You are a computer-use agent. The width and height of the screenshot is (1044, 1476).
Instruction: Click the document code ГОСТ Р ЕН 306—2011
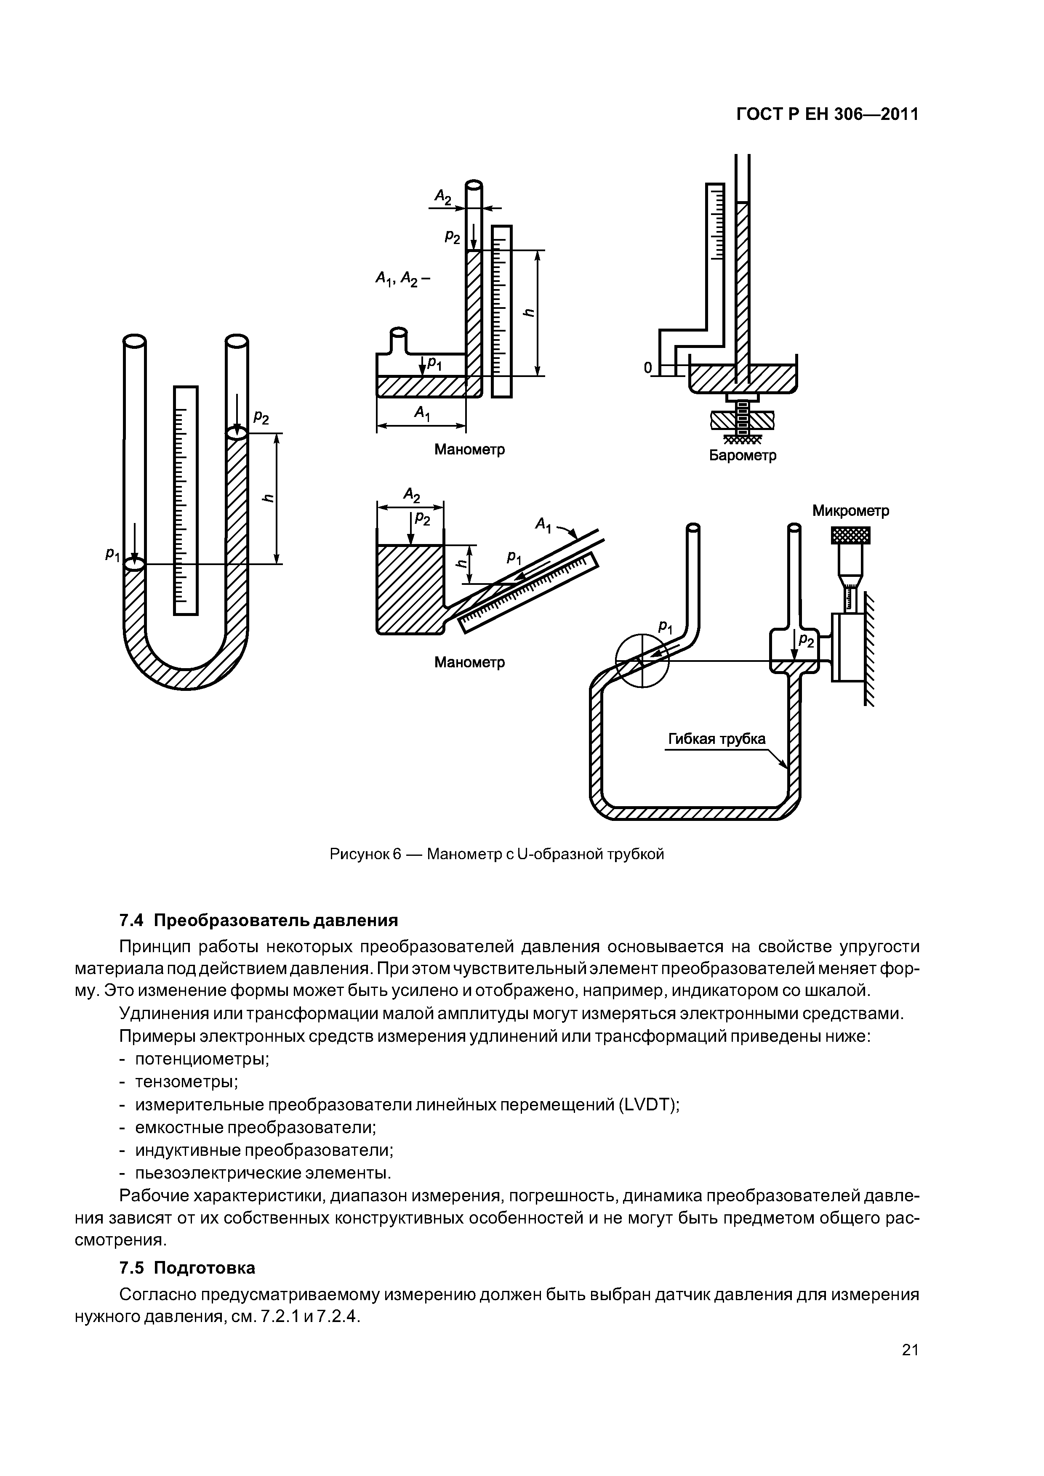[x=827, y=114]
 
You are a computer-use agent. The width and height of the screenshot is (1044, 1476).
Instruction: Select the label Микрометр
[x=850, y=511]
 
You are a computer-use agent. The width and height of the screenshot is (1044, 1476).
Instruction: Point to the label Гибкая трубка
[x=716, y=739]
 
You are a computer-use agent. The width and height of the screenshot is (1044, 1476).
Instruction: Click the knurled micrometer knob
[x=850, y=535]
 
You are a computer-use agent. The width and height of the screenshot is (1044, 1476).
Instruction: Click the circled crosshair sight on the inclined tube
[x=642, y=661]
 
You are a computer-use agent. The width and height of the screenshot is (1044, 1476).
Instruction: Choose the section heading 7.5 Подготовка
[x=187, y=1268]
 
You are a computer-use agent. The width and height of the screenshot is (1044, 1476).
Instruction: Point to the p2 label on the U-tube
[x=261, y=418]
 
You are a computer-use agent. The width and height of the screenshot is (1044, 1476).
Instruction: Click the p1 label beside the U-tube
[x=113, y=554]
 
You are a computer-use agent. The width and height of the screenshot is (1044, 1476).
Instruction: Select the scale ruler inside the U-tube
[x=186, y=500]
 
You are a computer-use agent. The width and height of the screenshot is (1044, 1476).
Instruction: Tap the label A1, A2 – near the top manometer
[x=403, y=279]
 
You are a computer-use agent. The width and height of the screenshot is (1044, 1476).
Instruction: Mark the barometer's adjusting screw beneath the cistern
[x=742, y=419]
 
